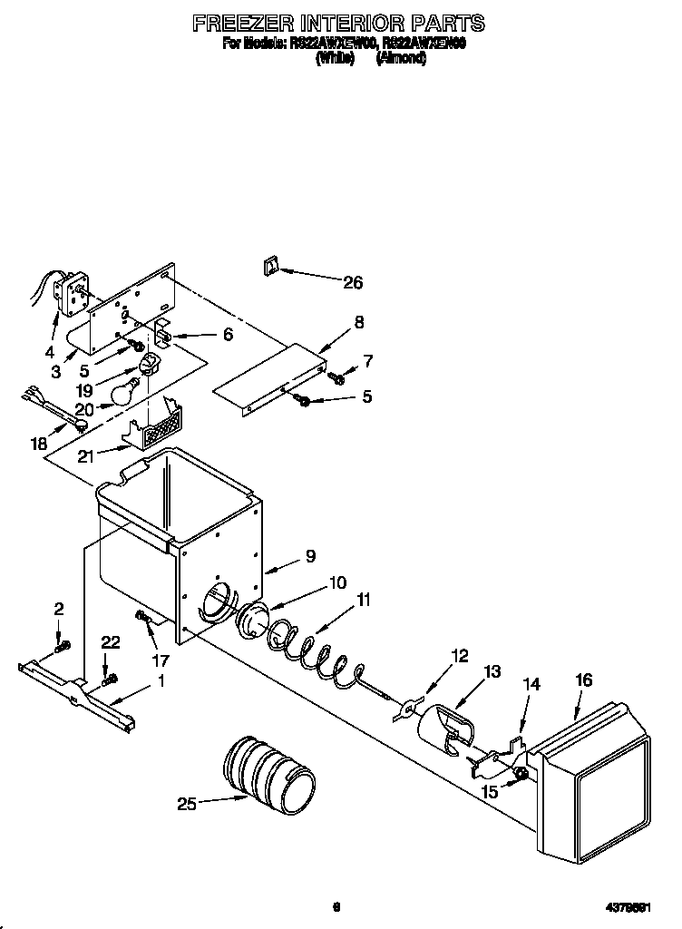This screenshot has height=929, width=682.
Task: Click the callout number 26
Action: coord(352,283)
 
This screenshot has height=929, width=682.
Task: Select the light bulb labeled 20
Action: coord(123,393)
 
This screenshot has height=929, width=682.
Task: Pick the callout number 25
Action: coord(188,803)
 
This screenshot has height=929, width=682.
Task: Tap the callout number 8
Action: coord(360,321)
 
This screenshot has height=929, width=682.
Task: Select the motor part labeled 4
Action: coord(67,290)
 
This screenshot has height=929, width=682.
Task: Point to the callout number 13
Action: coord(492,672)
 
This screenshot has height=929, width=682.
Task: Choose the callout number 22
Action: coord(111,641)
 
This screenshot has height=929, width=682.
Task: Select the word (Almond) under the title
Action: coord(401,58)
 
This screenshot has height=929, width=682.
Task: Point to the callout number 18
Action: coord(37,443)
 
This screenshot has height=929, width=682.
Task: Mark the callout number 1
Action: coord(161,680)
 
